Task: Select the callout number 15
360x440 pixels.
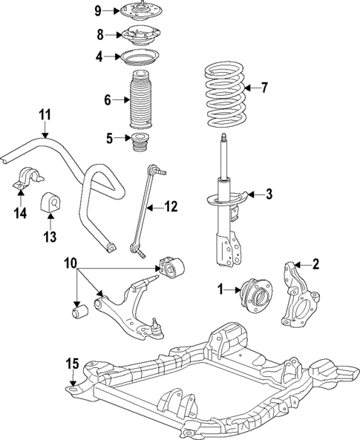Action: pyautogui.click(x=71, y=364)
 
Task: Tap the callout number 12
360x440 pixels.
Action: pyautogui.click(x=171, y=207)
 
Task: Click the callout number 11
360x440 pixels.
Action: pyautogui.click(x=45, y=114)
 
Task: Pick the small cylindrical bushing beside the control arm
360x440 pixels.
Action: pyautogui.click(x=78, y=310)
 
